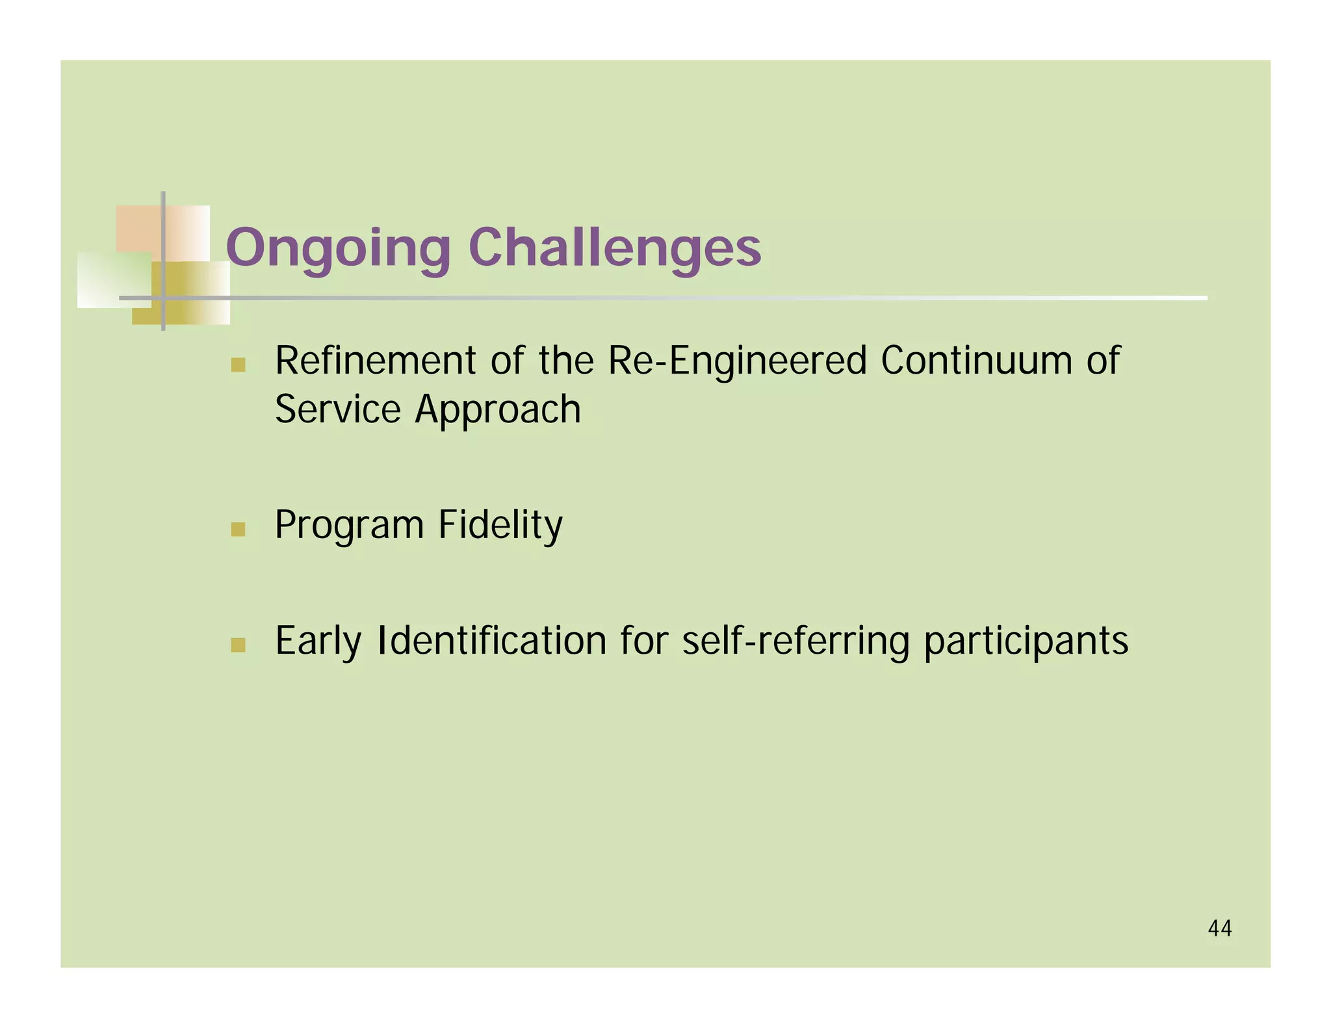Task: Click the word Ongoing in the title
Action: [x=338, y=248]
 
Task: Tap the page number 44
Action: [x=1219, y=928]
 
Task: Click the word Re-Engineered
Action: [x=737, y=362]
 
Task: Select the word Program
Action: [x=349, y=526]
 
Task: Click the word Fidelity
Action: [x=500, y=525]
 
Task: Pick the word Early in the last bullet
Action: [x=318, y=642]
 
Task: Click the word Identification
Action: [x=492, y=641]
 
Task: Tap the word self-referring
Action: [x=795, y=642]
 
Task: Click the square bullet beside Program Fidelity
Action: [x=238, y=529]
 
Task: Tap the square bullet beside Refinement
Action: [x=238, y=365]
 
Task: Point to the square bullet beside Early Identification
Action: [x=238, y=645]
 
